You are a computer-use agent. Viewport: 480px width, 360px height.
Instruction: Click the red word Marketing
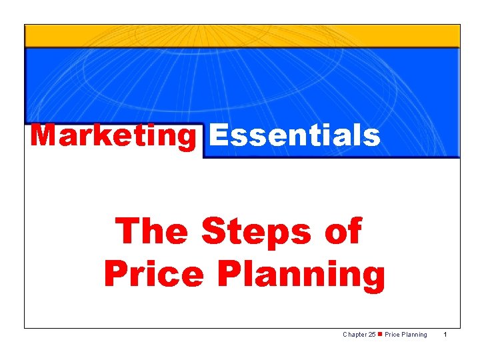(113, 136)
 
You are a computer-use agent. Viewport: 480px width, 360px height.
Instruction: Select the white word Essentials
(294, 136)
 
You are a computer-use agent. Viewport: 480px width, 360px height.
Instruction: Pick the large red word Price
(148, 274)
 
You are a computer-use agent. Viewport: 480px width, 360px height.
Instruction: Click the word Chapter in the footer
(353, 335)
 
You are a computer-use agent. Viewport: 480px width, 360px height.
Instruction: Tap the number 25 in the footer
(371, 335)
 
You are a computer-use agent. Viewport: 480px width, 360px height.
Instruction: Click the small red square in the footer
(379, 335)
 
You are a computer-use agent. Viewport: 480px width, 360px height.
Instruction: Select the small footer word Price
(392, 335)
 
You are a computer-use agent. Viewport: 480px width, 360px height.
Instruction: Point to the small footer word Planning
(415, 335)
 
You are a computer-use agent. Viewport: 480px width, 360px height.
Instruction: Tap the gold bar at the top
(242, 36)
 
